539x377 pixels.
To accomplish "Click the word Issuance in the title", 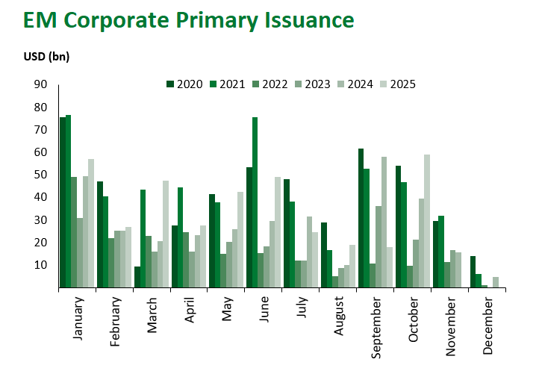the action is coord(309,20).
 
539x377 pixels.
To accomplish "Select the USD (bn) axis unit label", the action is coord(46,56).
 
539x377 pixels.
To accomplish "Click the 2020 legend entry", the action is coord(184,84).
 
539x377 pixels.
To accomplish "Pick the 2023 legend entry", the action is coord(313,84).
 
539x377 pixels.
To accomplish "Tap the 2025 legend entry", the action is coord(398,84).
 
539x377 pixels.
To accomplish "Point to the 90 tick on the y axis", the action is coord(40,84).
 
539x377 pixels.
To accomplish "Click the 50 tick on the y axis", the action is coord(40,175).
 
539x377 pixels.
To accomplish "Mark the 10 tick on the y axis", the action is coord(40,265).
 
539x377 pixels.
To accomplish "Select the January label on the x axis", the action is coord(78,319).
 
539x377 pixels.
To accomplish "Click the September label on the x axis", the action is coord(376,328).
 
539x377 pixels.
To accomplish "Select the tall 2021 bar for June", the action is coord(255,202).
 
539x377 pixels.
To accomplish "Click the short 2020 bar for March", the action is coord(137,277).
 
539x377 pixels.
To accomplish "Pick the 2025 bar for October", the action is coord(427,221).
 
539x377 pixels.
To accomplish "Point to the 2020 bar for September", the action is coord(361,218).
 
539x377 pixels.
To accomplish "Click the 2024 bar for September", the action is coord(384,222).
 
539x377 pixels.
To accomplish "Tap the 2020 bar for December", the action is coord(473,272).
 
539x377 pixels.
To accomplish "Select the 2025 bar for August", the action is coord(352,267).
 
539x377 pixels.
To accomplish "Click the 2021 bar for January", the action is coord(68,202).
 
